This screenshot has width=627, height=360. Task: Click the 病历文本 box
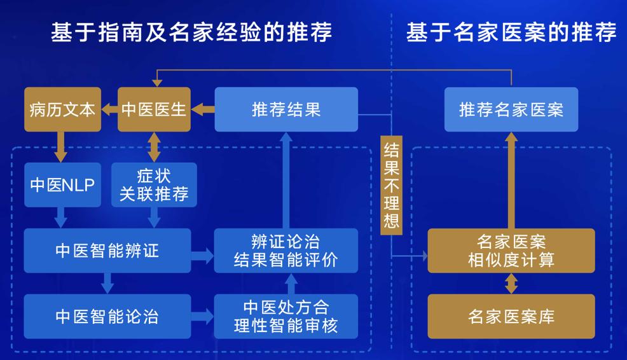[x=62, y=109]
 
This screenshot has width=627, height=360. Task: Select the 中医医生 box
[x=154, y=109]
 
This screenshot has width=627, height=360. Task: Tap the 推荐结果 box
[x=286, y=109]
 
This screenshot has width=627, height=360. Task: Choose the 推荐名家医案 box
[x=511, y=109]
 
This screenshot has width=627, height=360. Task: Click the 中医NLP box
[x=62, y=185]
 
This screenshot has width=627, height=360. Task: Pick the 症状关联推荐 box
[x=154, y=185]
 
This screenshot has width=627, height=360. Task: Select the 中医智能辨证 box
[x=107, y=251]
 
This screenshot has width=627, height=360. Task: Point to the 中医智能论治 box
[x=107, y=316]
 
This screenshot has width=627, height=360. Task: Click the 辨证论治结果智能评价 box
[x=286, y=251]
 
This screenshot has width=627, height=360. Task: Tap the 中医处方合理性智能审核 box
[x=286, y=316]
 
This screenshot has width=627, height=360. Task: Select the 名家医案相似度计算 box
[x=511, y=251]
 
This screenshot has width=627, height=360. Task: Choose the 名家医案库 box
[x=511, y=316]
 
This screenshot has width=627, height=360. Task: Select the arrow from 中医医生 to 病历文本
[x=109, y=109]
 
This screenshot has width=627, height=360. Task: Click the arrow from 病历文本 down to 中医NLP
[x=62, y=147]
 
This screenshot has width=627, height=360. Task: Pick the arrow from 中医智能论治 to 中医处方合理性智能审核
[x=203, y=316]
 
